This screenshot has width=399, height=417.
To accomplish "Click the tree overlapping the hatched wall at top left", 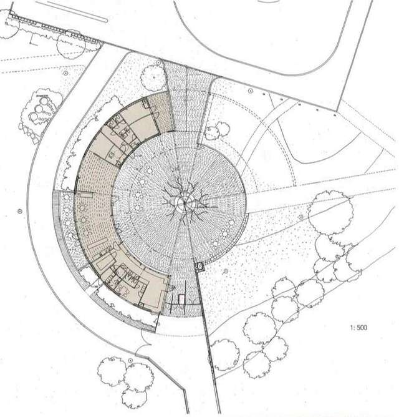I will tap(70, 44).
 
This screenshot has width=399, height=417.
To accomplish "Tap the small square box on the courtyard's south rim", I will tap(200, 267).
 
